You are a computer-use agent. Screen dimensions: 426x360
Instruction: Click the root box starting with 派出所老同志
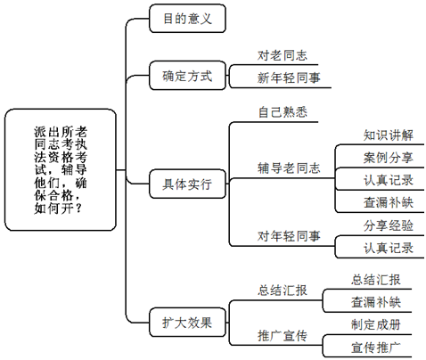point(61,169)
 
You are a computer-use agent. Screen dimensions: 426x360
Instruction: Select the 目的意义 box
point(187,19)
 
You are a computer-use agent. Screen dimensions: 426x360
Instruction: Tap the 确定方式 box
point(187,76)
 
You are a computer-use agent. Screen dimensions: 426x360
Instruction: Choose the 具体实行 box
point(187,184)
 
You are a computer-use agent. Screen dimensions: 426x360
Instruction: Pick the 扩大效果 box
point(187,323)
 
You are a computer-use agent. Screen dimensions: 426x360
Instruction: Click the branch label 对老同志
point(282,55)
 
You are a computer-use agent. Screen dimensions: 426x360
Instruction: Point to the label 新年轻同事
point(289,78)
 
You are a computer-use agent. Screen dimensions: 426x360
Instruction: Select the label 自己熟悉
point(283,112)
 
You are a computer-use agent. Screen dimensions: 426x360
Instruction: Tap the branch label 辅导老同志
point(289,168)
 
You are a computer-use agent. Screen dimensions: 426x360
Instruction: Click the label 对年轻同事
point(289,236)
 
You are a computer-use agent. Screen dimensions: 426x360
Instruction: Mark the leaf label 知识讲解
point(388,135)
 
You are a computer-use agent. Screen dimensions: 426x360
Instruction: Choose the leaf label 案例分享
point(388,158)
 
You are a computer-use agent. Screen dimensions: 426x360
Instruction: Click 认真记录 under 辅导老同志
point(388,180)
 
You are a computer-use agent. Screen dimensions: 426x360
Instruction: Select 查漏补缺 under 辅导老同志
point(388,203)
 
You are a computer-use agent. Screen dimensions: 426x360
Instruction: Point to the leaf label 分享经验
point(388,225)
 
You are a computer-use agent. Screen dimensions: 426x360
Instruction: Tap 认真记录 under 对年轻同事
point(388,249)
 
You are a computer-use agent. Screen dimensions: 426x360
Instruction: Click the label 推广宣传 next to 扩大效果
point(282,336)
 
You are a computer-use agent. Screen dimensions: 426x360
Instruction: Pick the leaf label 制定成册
point(375,324)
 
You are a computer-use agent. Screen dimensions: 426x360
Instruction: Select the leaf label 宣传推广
point(375,348)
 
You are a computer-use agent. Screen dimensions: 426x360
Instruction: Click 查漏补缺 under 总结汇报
point(375,302)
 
